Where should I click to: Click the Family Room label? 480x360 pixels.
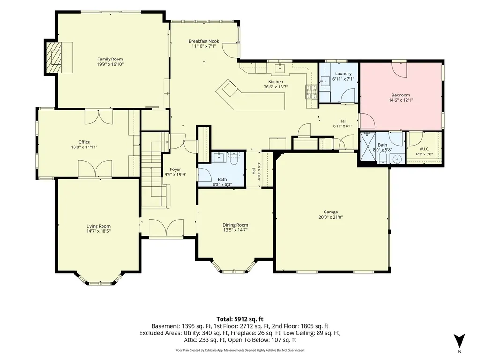[x=110, y=59]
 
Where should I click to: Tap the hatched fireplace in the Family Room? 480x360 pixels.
[x=53, y=57]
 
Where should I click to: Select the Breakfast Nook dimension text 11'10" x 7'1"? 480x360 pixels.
[x=204, y=46]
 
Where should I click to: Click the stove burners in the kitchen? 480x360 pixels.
[x=311, y=92]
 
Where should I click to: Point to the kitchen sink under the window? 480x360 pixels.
[x=280, y=68]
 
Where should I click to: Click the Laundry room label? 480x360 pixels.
[x=343, y=74]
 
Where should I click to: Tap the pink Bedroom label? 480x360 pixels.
[x=401, y=95]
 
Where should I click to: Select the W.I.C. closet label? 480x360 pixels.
[x=424, y=149]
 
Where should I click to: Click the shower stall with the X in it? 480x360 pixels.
[x=368, y=147]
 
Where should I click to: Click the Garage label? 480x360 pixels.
[x=331, y=212]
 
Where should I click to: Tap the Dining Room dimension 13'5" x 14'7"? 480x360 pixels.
[x=235, y=230]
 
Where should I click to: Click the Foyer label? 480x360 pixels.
[x=176, y=169]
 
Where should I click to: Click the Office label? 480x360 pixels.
[x=84, y=142]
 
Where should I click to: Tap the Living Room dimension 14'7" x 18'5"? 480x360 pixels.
[x=98, y=231]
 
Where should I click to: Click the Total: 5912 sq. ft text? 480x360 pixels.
[x=240, y=319]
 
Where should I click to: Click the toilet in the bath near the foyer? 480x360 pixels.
[x=234, y=159]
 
